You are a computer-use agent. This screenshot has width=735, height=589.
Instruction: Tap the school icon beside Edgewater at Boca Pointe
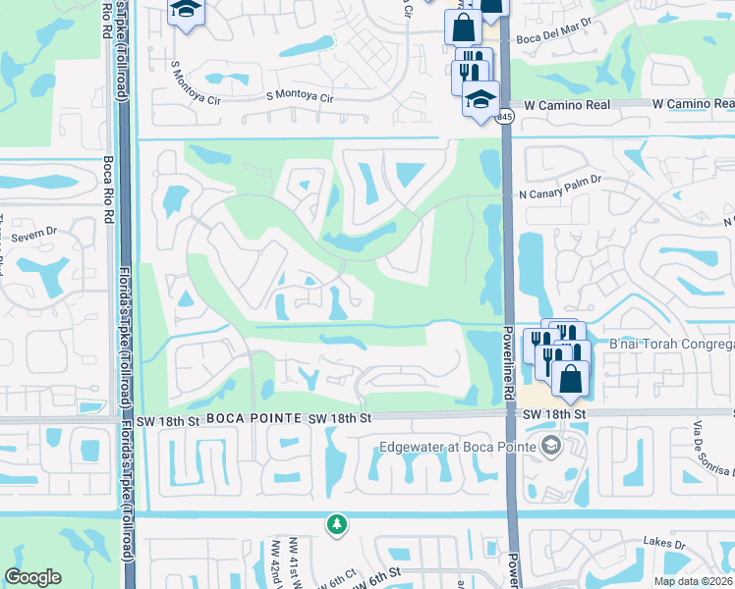pyautogui.click(x=552, y=448)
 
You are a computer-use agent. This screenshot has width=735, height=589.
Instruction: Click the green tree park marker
pyautogui.click(x=337, y=524)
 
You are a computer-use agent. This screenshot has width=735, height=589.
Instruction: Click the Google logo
pyautogui.click(x=33, y=577)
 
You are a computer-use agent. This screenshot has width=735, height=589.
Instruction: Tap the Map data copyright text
pyautogui.click(x=694, y=581)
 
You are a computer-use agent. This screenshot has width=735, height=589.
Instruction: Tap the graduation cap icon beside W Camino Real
pyautogui.click(x=481, y=100)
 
